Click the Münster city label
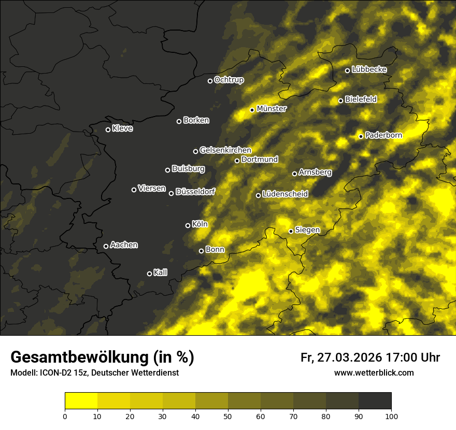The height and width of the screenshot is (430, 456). click(272, 109)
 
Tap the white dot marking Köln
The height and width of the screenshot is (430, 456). click(188, 225)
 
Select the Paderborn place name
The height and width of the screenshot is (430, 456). click(384, 135)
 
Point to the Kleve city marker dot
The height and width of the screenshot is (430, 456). click(108, 130)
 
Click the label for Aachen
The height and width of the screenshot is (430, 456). click(124, 245)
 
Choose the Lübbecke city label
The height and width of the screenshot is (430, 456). click(369, 69)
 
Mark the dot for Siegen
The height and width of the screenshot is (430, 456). click(291, 231)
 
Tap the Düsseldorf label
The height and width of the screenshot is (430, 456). click(195, 192)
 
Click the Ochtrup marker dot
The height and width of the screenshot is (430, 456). click(210, 81)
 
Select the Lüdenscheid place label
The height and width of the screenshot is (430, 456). click(285, 194)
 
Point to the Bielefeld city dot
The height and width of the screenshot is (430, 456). click(341, 101)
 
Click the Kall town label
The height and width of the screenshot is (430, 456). click(161, 273)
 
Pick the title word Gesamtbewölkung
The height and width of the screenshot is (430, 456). click(78, 357)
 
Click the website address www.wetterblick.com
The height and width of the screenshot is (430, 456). click(374, 373)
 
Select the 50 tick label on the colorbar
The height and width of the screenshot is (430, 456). click(228, 416)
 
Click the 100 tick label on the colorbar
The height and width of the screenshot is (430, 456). click(391, 416)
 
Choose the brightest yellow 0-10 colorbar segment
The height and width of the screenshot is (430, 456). click(81, 401)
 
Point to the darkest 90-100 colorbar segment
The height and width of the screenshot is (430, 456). click(375, 401)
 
